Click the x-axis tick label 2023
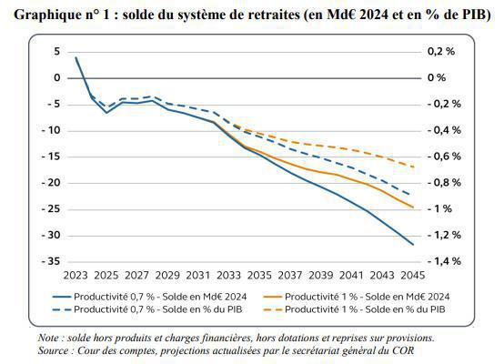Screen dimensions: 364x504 tap(76, 274)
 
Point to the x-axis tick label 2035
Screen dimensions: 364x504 tap(259, 274)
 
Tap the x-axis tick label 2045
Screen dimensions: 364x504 tap(413, 274)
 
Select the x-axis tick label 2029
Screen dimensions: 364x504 tap(167, 274)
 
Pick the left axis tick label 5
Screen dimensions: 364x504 tap(55, 52)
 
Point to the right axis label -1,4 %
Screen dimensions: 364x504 tap(442, 261)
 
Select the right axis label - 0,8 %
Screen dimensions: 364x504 tap(442, 183)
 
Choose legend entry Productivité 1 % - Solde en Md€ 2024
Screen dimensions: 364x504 tap(368, 297)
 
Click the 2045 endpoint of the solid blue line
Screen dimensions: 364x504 tap(413, 245)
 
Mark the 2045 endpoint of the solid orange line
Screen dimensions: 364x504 tap(413, 207)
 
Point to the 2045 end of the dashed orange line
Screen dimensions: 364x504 tap(413, 167)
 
